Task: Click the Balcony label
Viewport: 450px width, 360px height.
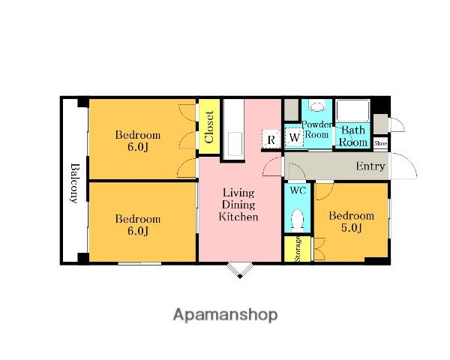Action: [x=74, y=183]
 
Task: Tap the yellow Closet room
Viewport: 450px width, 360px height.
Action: [x=209, y=126]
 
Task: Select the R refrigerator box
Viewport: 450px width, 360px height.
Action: [x=271, y=139]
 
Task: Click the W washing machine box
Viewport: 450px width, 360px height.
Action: [x=294, y=137]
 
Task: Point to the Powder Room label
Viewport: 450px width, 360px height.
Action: [x=316, y=129]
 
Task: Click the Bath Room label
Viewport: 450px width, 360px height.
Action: [x=353, y=136]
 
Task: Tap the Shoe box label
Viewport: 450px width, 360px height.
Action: [x=380, y=143]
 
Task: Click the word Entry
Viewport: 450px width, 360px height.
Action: [x=370, y=166]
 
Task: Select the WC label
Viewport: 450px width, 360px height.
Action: [x=298, y=190]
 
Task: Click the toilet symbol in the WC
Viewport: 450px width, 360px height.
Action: [x=297, y=220]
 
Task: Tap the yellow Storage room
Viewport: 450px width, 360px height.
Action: [x=297, y=249]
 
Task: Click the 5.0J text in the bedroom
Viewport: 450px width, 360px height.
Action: [x=351, y=228]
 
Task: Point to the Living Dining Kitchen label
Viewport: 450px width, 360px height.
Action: [x=238, y=205]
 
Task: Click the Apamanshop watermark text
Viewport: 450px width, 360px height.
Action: [x=225, y=315]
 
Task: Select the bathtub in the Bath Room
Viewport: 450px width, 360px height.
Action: [x=352, y=110]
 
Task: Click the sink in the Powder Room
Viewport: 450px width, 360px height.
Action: [x=316, y=106]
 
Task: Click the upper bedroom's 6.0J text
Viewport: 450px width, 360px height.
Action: [x=138, y=147]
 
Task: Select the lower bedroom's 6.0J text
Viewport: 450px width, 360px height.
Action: [x=138, y=231]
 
